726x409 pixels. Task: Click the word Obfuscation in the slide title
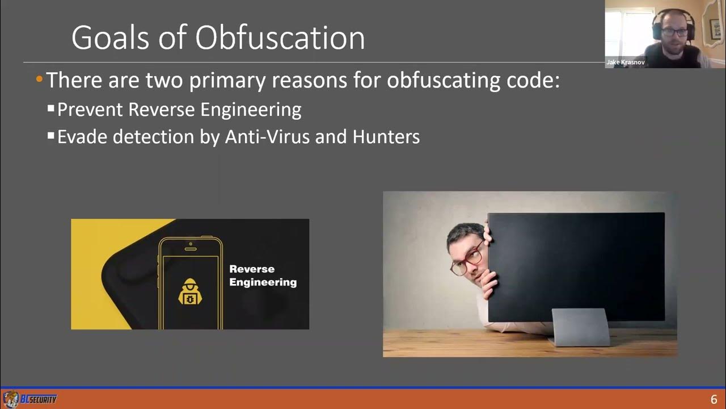click(x=280, y=39)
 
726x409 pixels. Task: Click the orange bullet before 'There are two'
click(x=39, y=80)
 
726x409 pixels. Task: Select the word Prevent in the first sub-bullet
click(x=90, y=109)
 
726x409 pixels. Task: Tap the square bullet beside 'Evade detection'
click(x=51, y=136)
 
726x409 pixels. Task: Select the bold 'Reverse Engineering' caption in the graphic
click(x=263, y=276)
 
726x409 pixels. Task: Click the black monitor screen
click(x=576, y=267)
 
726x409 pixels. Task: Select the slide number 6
click(x=714, y=399)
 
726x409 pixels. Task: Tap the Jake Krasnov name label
click(x=626, y=62)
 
